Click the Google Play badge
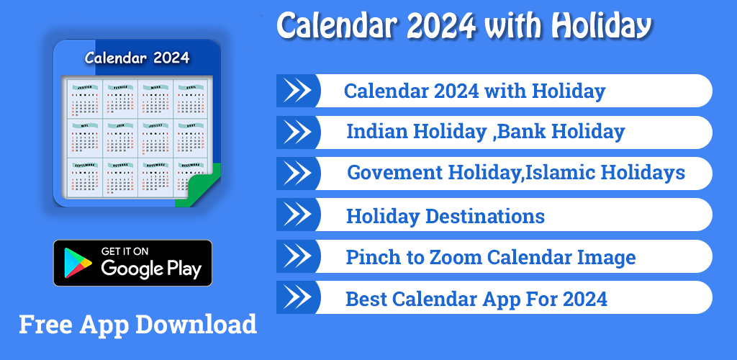coord(132,263)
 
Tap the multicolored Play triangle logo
coord(78,264)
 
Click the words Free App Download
coord(137,324)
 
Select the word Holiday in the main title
coord(601,27)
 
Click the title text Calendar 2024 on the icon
coord(137,58)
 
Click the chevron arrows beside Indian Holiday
coord(298,132)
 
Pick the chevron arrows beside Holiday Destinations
coord(298,215)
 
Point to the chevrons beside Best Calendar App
coord(298,297)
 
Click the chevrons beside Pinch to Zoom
coord(298,256)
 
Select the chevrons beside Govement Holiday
coord(298,173)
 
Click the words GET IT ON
coord(125,251)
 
